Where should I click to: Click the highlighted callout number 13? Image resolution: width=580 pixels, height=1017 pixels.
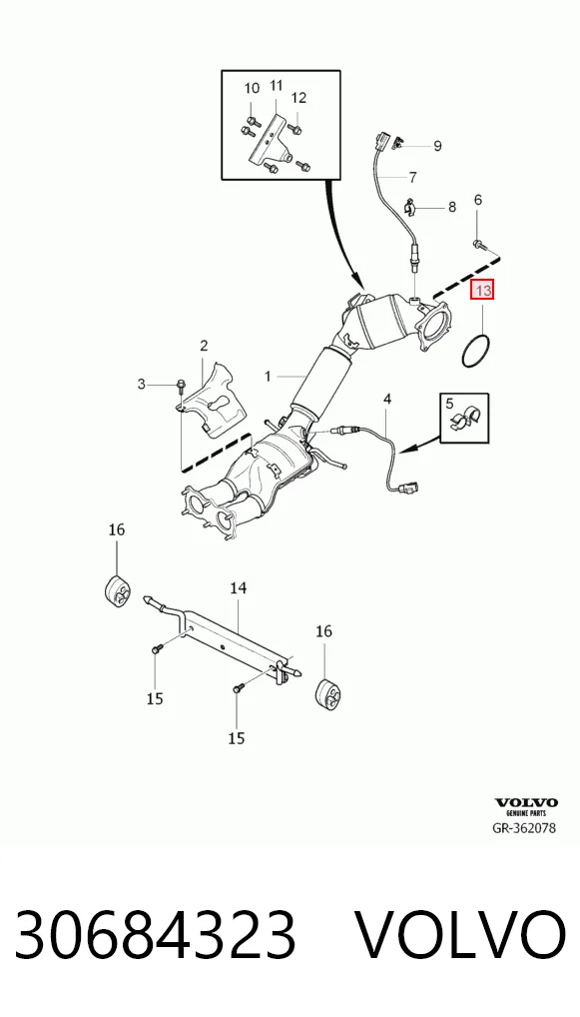(483, 290)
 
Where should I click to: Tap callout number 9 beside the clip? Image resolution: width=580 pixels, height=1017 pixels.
(437, 146)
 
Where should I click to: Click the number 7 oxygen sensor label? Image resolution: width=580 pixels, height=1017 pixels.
(412, 177)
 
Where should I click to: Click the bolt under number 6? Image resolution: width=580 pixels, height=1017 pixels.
(479, 245)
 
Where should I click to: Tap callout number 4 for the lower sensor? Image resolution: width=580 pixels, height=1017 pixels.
(387, 399)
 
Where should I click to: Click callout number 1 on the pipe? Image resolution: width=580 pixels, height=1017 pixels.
(268, 377)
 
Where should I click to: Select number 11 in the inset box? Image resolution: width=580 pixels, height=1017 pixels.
(277, 86)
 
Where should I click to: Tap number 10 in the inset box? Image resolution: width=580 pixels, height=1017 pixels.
(252, 88)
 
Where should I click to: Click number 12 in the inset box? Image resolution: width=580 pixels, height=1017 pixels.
(298, 98)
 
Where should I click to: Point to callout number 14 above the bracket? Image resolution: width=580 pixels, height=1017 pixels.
(239, 588)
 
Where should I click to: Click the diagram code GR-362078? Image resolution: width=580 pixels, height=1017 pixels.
(524, 827)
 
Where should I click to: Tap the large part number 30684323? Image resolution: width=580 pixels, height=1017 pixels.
(155, 934)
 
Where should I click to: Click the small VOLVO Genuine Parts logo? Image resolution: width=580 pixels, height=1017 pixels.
(526, 806)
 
